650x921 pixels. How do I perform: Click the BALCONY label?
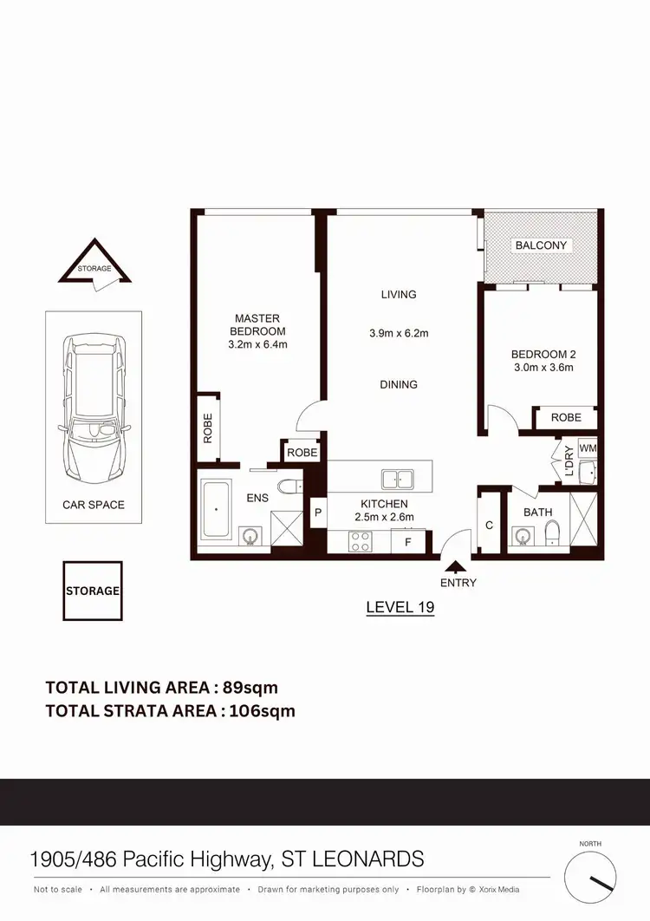pos(541,245)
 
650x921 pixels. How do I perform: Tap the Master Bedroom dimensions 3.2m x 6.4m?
pos(257,344)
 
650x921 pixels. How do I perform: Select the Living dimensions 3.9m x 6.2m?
pos(399,333)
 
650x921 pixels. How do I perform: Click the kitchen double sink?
pos(398,477)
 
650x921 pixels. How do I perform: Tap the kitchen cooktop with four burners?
pos(360,541)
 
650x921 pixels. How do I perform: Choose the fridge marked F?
pos(406,542)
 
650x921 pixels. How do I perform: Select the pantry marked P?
pos(318,513)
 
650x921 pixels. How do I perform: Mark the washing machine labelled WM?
pos(588,448)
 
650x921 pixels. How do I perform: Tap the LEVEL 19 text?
pos(400,607)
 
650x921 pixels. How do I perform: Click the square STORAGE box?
pos(93,591)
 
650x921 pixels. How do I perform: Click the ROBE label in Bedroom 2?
pos(566,417)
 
